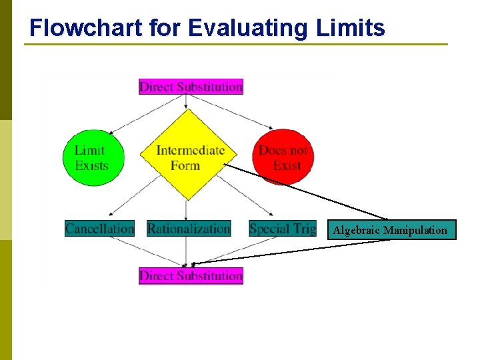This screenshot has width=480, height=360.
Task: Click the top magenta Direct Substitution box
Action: pyautogui.click(x=191, y=87)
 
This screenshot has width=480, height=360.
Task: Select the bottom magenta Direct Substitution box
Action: pyautogui.click(x=191, y=275)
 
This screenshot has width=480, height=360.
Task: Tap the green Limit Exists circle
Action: pyautogui.click(x=93, y=157)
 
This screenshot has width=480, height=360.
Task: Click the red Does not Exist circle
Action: pyautogui.click(x=283, y=157)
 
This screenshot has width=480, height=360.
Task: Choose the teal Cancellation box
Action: pyautogui.click(x=99, y=229)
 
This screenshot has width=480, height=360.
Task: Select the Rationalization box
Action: pyautogui.click(x=189, y=229)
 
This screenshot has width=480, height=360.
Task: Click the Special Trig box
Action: pyautogui.click(x=282, y=229)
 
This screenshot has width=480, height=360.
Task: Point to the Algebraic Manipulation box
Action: pyautogui.click(x=390, y=230)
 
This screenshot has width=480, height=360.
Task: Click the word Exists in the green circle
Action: pyautogui.click(x=92, y=165)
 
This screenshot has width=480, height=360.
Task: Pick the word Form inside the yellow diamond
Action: pyautogui.click(x=185, y=165)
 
